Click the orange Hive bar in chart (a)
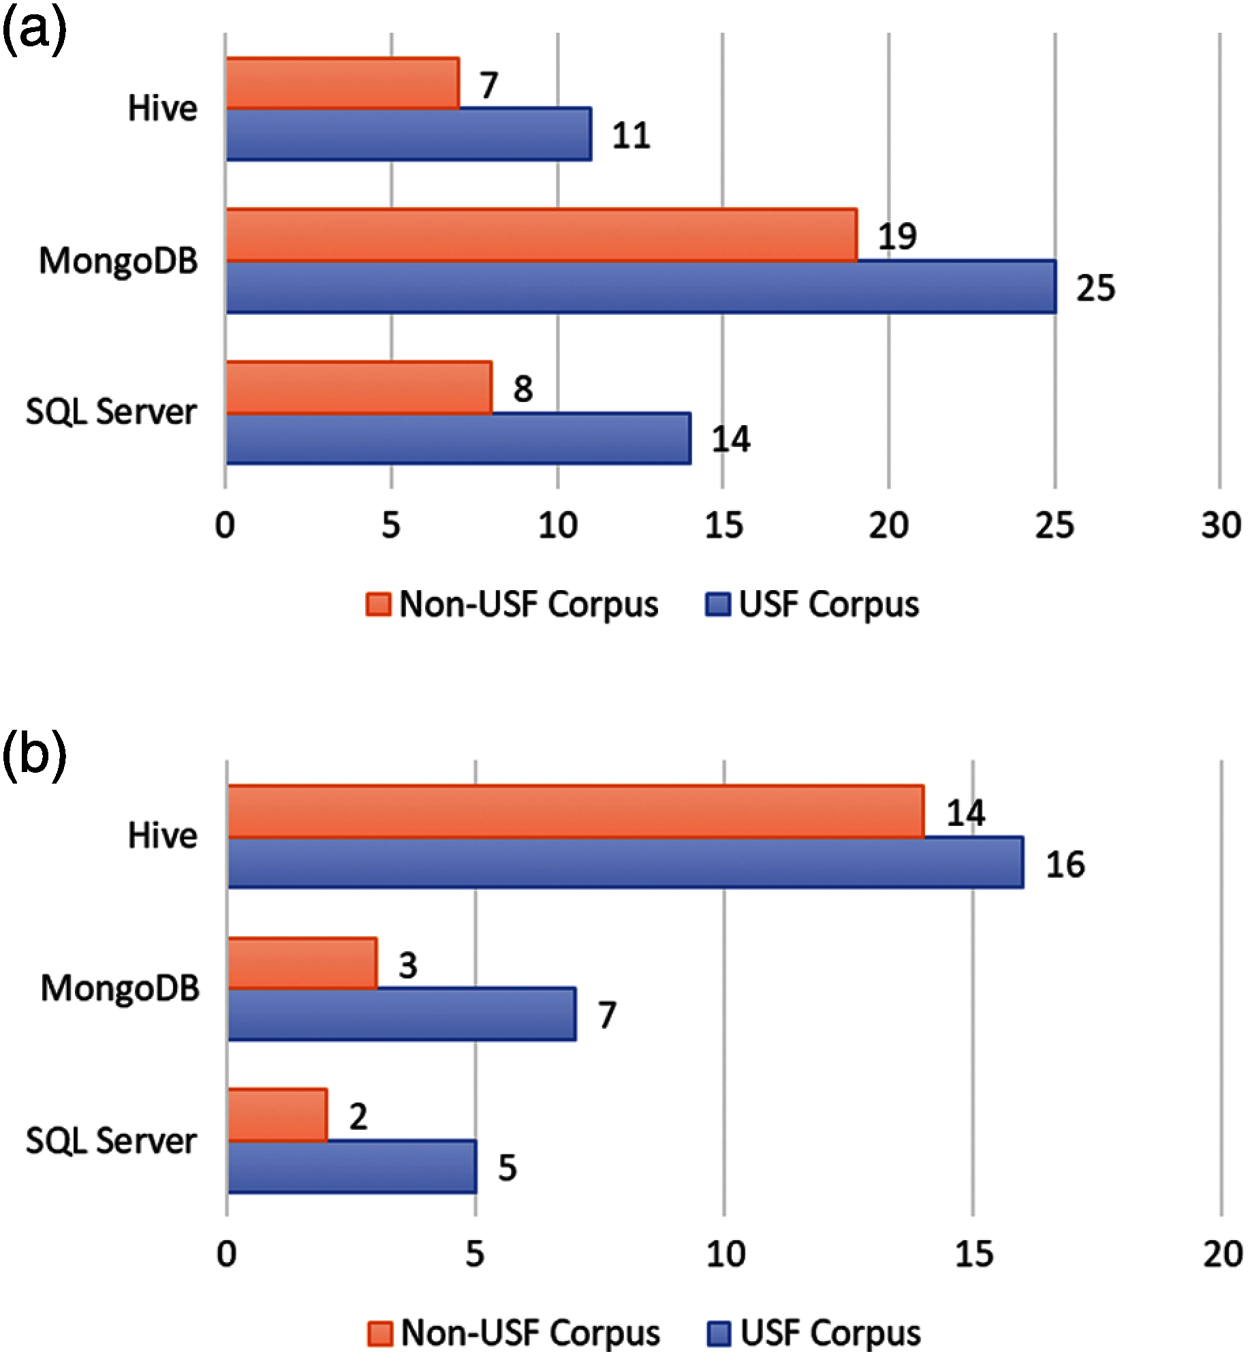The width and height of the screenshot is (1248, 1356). (x=342, y=83)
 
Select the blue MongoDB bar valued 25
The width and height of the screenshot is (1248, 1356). (x=640, y=287)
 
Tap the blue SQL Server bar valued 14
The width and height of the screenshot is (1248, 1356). (x=458, y=439)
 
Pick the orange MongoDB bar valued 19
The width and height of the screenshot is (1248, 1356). (x=541, y=235)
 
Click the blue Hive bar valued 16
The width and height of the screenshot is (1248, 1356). (x=625, y=863)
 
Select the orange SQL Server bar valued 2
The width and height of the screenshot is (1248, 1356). (x=277, y=1115)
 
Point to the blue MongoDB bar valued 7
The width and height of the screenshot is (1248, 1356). (x=401, y=1015)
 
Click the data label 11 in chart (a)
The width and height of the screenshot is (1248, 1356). (x=631, y=136)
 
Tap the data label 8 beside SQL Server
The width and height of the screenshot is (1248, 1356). (x=522, y=388)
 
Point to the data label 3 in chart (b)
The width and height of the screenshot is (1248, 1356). (x=407, y=965)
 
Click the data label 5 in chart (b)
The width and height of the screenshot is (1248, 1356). (x=508, y=1167)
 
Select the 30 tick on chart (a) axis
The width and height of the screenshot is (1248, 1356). (x=1221, y=526)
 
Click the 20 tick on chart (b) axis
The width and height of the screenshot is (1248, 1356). (x=1222, y=1254)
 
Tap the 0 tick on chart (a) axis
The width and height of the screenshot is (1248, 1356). (x=225, y=526)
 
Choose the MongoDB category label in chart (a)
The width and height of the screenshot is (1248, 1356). (x=119, y=261)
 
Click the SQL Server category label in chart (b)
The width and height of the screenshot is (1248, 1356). (x=112, y=1141)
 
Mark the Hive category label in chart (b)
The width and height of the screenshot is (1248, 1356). (x=163, y=835)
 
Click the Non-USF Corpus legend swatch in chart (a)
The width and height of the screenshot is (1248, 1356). (x=379, y=604)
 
